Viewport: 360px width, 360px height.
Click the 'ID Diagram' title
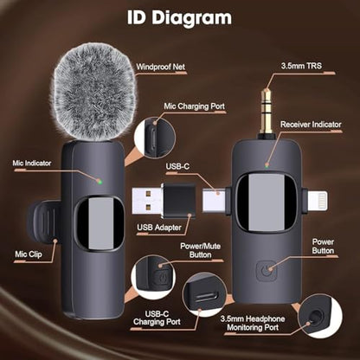(x=179, y=17)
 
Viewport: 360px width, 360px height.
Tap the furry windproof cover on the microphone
(x=94, y=93)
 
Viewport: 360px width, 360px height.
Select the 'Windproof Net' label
(x=161, y=67)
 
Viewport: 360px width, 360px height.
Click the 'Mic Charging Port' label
(x=194, y=106)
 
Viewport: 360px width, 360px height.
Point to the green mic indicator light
(x=100, y=182)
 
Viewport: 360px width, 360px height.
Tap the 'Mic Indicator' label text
(x=32, y=163)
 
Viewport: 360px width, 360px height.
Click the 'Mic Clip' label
(x=29, y=254)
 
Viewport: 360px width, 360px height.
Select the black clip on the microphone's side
(x=44, y=222)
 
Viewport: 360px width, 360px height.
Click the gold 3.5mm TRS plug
(x=267, y=111)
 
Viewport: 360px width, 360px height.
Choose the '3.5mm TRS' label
(x=301, y=66)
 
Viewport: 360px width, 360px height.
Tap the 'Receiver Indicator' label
(x=311, y=125)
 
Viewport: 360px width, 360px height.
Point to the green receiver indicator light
(x=267, y=166)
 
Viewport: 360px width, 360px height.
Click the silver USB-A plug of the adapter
(x=148, y=201)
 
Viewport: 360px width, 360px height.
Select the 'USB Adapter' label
(x=159, y=228)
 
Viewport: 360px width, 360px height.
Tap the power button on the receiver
(x=266, y=271)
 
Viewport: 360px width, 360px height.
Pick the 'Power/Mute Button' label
(x=201, y=250)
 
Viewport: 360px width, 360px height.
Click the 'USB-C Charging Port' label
(x=157, y=318)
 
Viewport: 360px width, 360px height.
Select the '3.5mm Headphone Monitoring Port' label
(x=253, y=323)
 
